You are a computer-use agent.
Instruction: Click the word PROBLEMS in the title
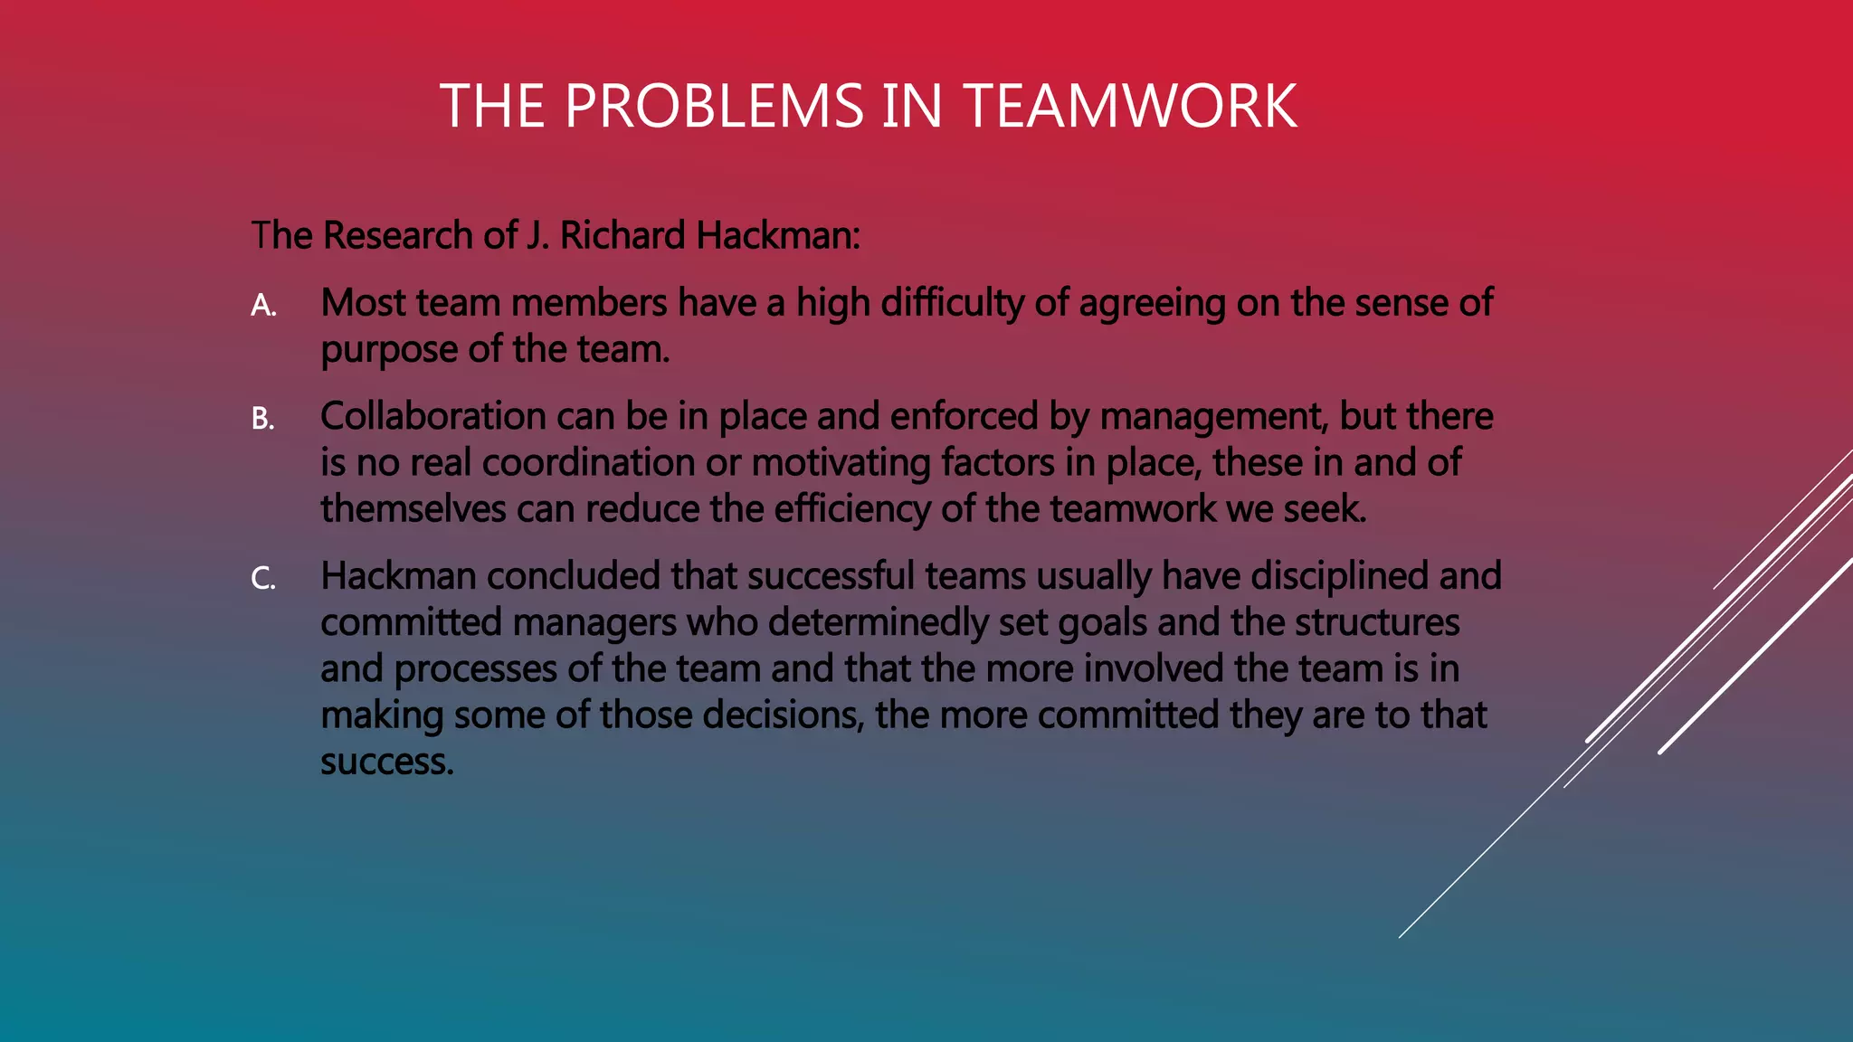714,106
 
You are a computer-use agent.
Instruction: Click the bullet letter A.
263,306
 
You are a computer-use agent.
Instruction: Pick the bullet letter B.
262,419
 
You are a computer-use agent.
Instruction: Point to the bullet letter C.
262,579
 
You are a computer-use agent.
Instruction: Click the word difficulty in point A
952,303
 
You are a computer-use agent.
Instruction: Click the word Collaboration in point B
432,416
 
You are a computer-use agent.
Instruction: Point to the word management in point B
1213,416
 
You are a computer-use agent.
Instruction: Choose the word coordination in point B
588,463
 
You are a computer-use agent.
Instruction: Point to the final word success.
385,763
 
